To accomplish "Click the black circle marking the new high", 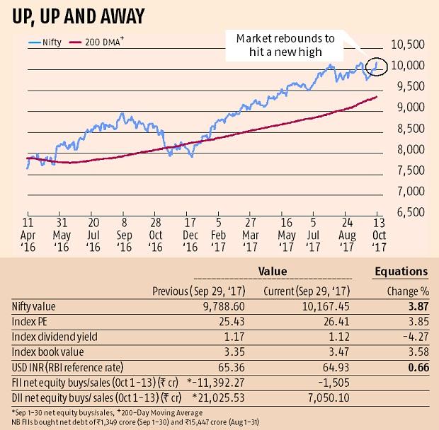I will coord(376,65).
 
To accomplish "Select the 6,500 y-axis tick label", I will coord(409,212).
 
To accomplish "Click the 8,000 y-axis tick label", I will coord(409,149).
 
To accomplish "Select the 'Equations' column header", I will coord(400,271).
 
